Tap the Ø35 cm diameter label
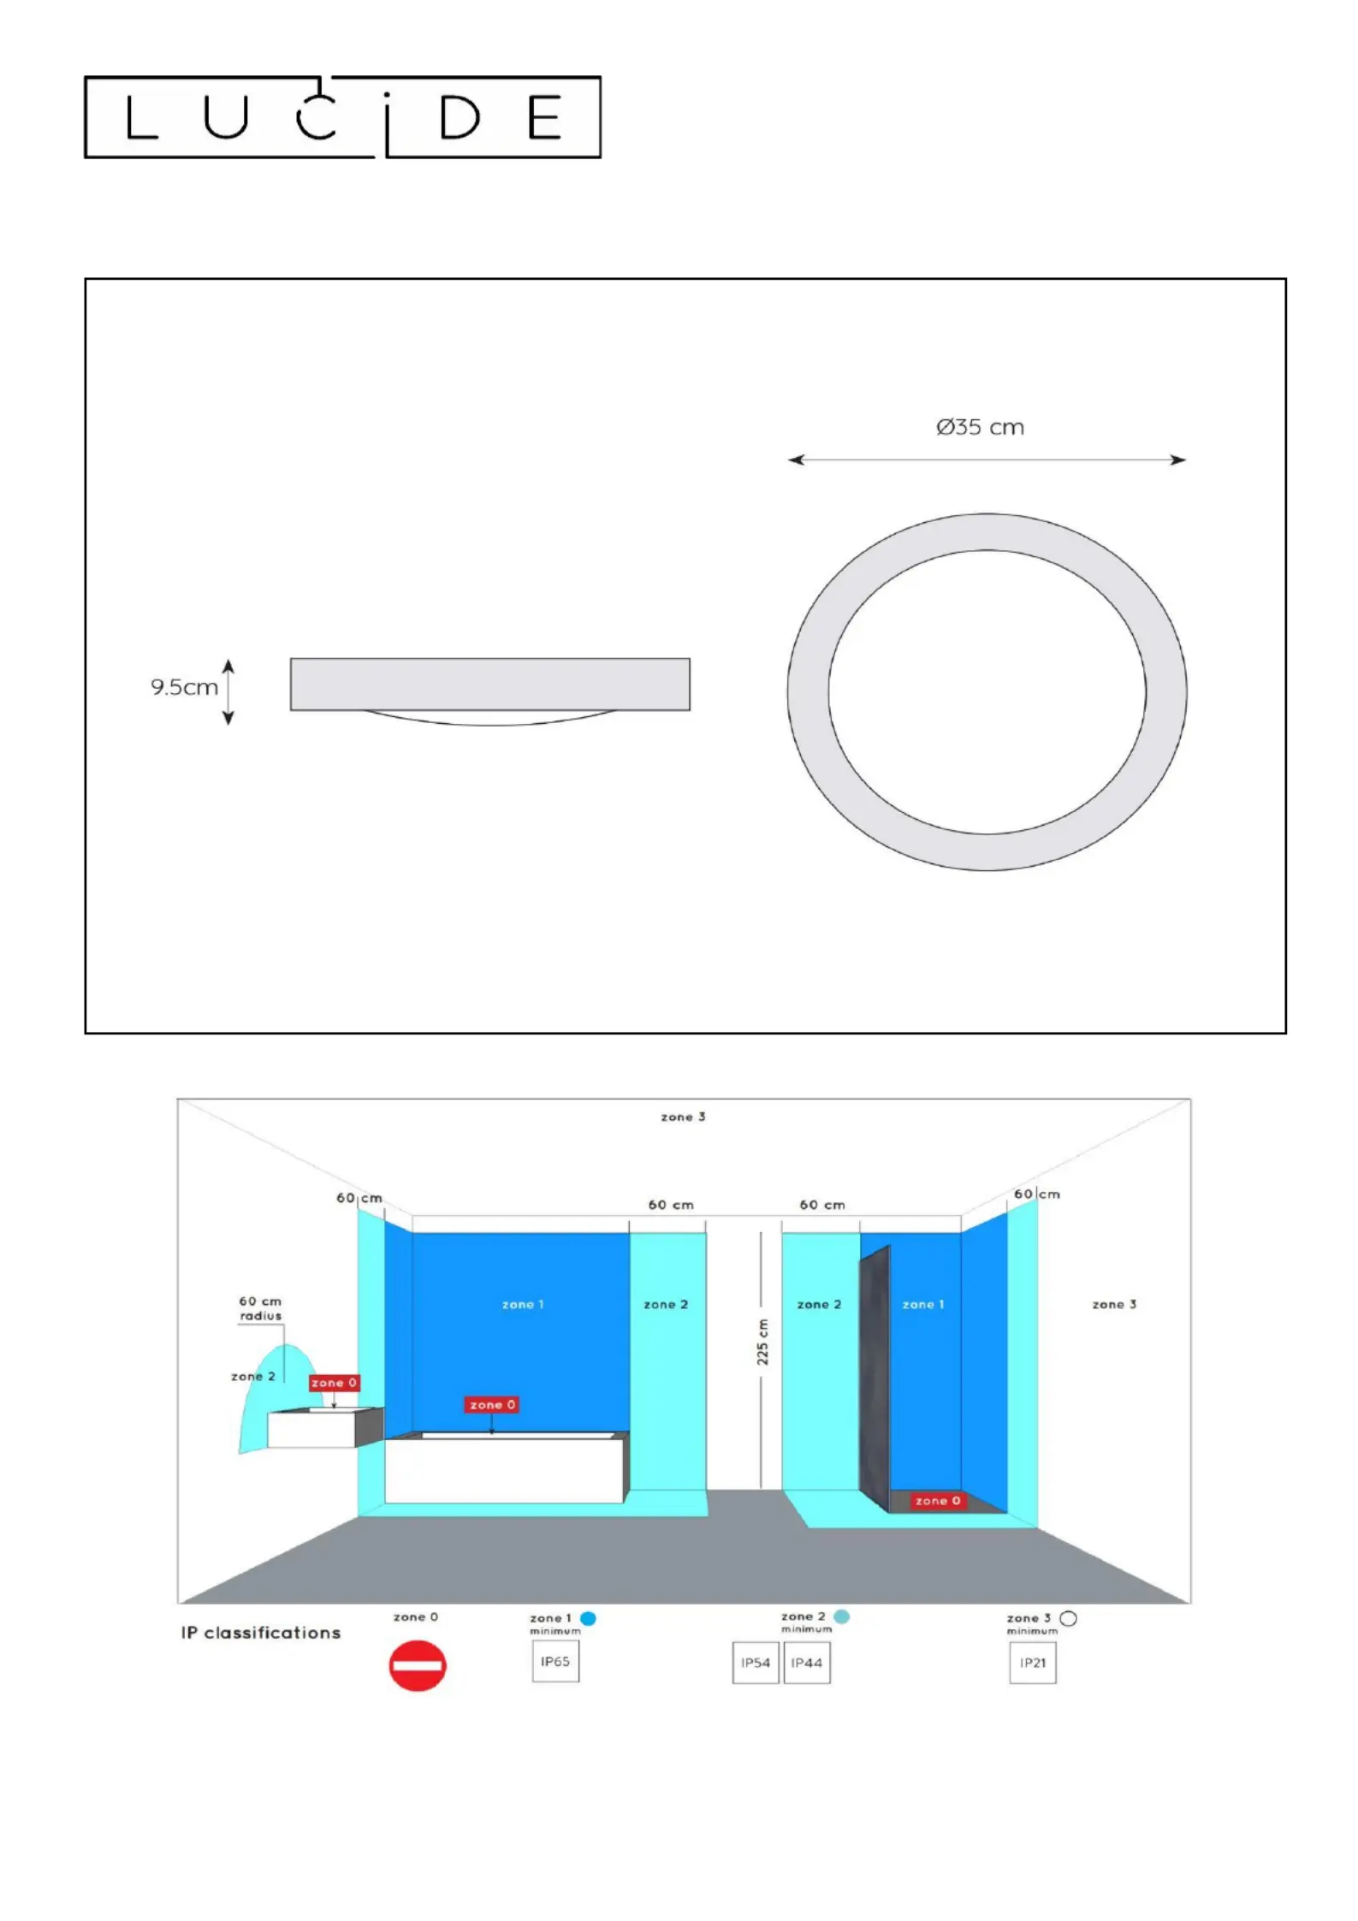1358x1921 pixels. point(980,427)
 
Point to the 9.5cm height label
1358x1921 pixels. point(184,687)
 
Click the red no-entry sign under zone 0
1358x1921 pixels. point(418,1665)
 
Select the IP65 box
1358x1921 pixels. point(555,1662)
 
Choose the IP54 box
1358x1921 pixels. point(756,1663)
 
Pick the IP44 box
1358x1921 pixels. point(807,1663)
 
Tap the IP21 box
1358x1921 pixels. point(1033,1663)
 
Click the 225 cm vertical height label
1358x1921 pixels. point(762,1342)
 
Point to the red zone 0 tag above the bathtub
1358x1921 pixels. point(491,1404)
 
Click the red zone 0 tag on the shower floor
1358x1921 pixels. point(938,1500)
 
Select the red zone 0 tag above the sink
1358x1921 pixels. point(334,1382)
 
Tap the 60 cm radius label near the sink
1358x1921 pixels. point(260,1308)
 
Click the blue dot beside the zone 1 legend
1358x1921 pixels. point(588,1618)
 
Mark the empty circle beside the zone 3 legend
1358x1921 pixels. point(1068,1618)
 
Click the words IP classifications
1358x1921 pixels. point(261,1633)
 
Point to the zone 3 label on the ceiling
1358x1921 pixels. point(683,1117)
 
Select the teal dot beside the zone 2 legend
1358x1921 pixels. point(842,1616)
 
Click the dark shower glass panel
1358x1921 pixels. point(875,1378)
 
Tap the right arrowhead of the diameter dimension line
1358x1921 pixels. point(1179,460)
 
